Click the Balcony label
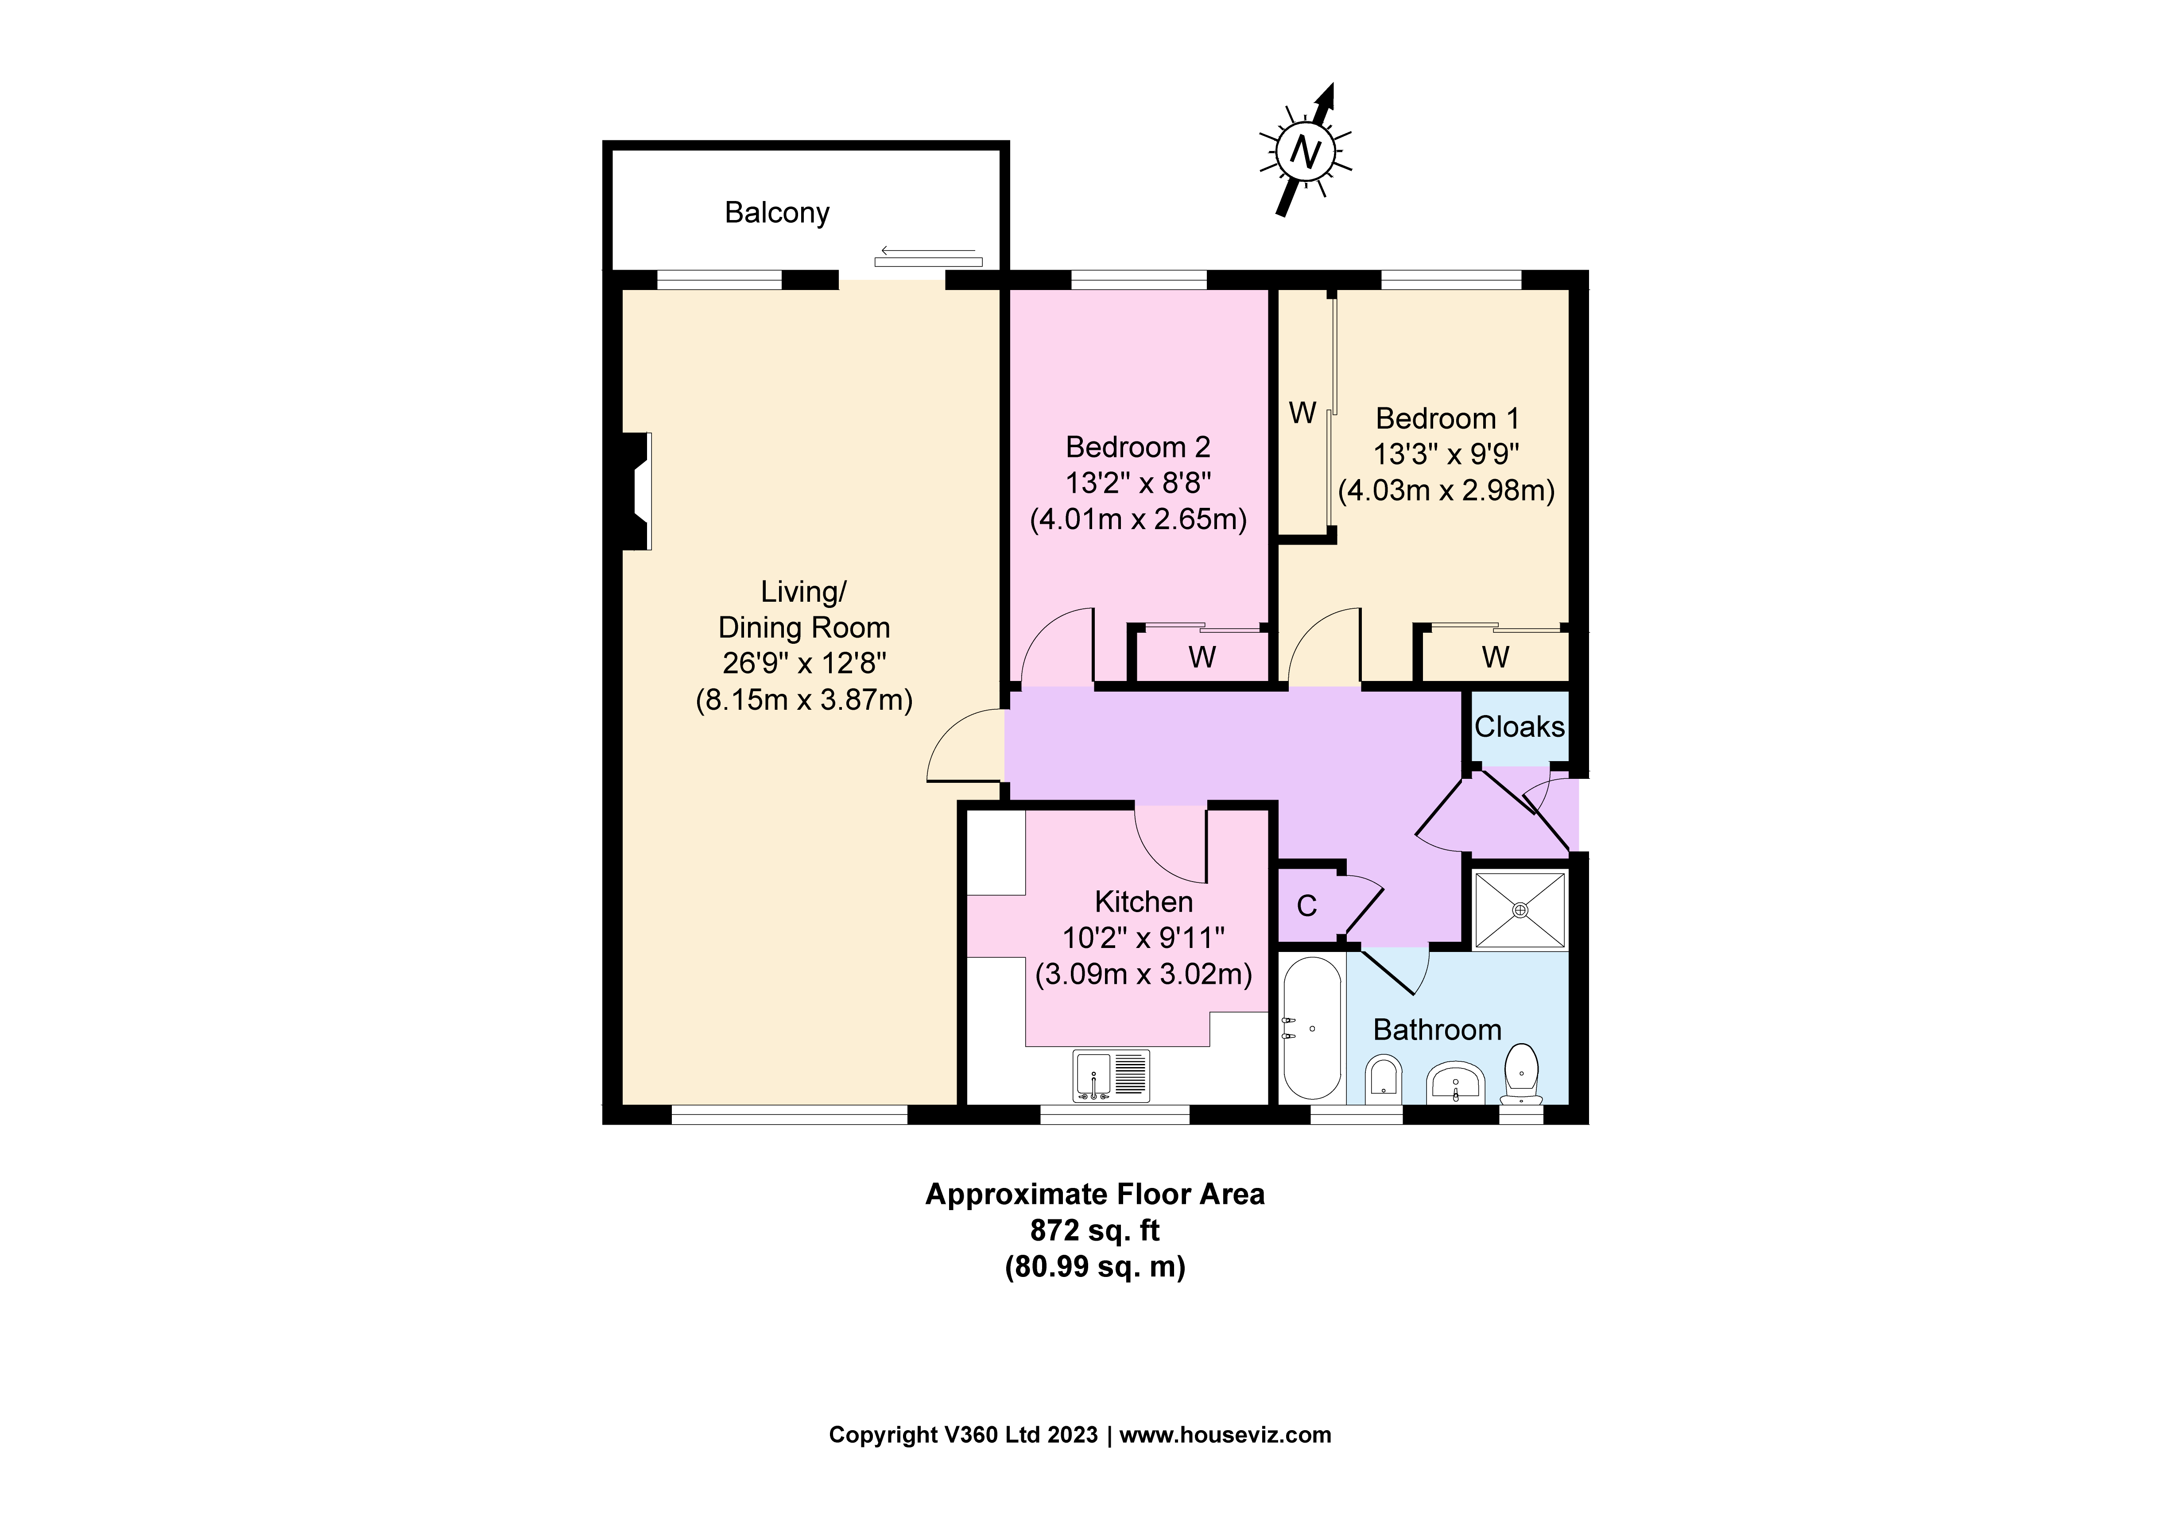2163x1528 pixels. pos(776,213)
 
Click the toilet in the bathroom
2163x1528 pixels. pos(1521,1074)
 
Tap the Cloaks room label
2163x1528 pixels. pos(1519,726)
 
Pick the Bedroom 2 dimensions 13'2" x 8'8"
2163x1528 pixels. pos(1137,482)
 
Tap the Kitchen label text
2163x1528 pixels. pos(1143,901)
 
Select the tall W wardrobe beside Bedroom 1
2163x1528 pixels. pos(1303,413)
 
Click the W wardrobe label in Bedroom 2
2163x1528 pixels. pos(1201,657)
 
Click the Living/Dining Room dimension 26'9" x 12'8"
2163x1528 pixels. pos(803,663)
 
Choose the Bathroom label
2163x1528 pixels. pos(1437,1029)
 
